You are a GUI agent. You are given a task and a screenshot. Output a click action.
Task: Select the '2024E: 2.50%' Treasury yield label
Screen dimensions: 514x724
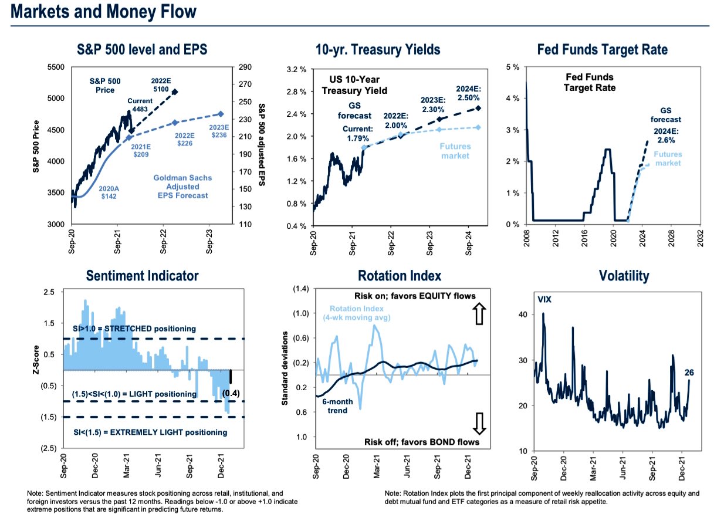pyautogui.click(x=468, y=93)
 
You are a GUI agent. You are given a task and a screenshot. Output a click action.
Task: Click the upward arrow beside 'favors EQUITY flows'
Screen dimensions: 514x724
pyautogui.click(x=479, y=315)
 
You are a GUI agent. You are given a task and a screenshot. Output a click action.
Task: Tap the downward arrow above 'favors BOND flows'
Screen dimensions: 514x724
pyautogui.click(x=479, y=421)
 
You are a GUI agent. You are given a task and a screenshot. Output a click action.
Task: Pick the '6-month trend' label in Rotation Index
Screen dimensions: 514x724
pyautogui.click(x=337, y=406)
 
